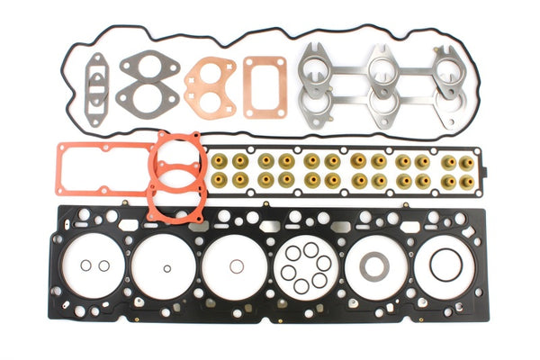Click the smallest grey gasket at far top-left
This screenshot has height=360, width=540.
pos(94,86)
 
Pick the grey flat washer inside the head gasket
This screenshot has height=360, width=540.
pos(374,266)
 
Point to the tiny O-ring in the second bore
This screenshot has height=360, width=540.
pos(167,268)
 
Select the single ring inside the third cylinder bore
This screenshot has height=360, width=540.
pos(237,266)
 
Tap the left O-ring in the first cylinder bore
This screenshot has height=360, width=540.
pos(86,265)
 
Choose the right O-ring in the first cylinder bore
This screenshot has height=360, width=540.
pos(104,265)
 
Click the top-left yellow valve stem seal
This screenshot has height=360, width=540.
pos(220,161)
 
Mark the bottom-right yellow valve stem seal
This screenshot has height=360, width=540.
pos(466,181)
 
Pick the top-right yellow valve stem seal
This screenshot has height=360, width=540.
pos(466,162)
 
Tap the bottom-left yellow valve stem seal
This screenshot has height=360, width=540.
pos(220,180)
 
